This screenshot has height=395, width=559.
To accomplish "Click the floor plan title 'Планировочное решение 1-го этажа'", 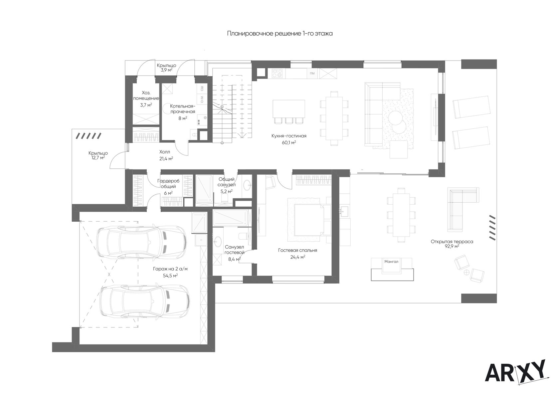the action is pos(280,34).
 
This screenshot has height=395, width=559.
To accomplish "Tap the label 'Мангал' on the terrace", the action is pos(391,262).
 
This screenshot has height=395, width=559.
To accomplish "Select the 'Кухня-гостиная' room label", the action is pos(289,136).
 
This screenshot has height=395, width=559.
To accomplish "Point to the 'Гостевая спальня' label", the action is pos(297,250).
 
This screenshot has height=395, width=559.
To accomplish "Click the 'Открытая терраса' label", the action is pos(452,242).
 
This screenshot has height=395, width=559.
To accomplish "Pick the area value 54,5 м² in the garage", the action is pos(170,276).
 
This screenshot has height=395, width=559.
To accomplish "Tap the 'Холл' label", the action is pos(165,152).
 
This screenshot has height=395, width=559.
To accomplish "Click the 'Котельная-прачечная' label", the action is pos(183,109).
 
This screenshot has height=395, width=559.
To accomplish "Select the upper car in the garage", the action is pos(141,242).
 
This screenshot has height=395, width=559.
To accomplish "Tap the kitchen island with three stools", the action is pos(289,111).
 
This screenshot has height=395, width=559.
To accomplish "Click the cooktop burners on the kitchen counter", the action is pos(277,73).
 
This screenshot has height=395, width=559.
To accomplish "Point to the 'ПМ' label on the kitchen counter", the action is pos(312,73).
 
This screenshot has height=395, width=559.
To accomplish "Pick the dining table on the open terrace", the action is pos(401,215).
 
